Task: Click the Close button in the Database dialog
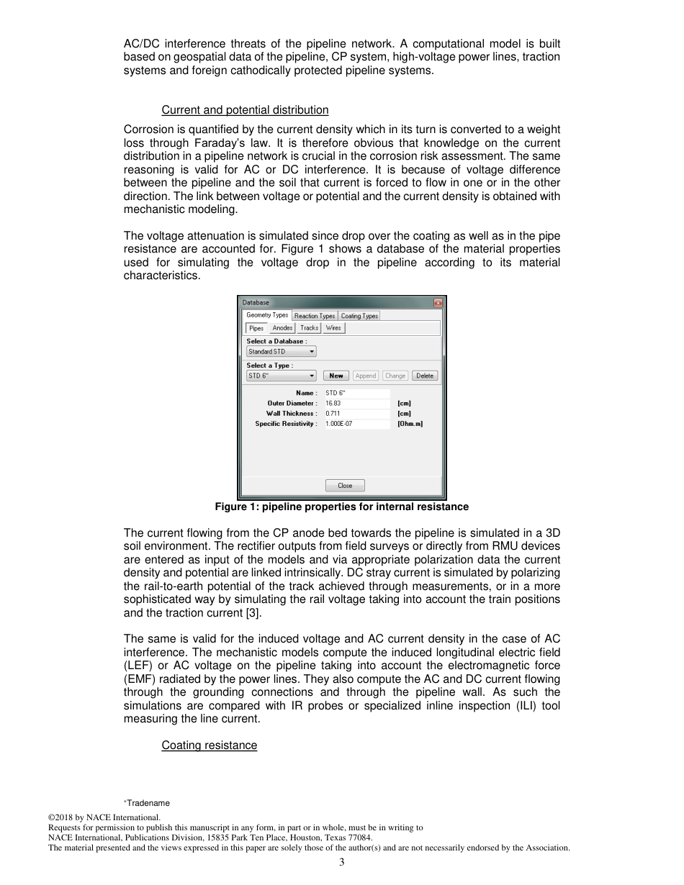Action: pyautogui.click(x=345, y=486)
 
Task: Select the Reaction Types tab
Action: pyautogui.click(x=314, y=316)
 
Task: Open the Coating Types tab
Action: pyautogui.click(x=359, y=316)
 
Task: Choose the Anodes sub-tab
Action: pyautogui.click(x=282, y=328)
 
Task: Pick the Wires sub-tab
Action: pyautogui.click(x=333, y=328)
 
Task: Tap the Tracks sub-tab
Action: pyautogui.click(x=309, y=328)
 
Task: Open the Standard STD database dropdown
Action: pyautogui.click(x=281, y=352)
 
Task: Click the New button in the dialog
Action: pyautogui.click(x=336, y=376)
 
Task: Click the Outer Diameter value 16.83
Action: pyautogui.click(x=333, y=404)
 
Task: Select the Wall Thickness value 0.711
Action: pyautogui.click(x=333, y=414)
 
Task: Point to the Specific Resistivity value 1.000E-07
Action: pyautogui.click(x=339, y=424)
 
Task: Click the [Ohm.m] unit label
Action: pyautogui.click(x=410, y=424)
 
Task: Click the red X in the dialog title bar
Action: pyautogui.click(x=438, y=303)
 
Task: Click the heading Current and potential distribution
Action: pyautogui.click(x=245, y=110)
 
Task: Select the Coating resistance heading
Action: pyautogui.click(x=209, y=745)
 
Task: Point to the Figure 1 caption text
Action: pyautogui.click(x=341, y=507)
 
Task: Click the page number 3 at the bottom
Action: pyautogui.click(x=342, y=863)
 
